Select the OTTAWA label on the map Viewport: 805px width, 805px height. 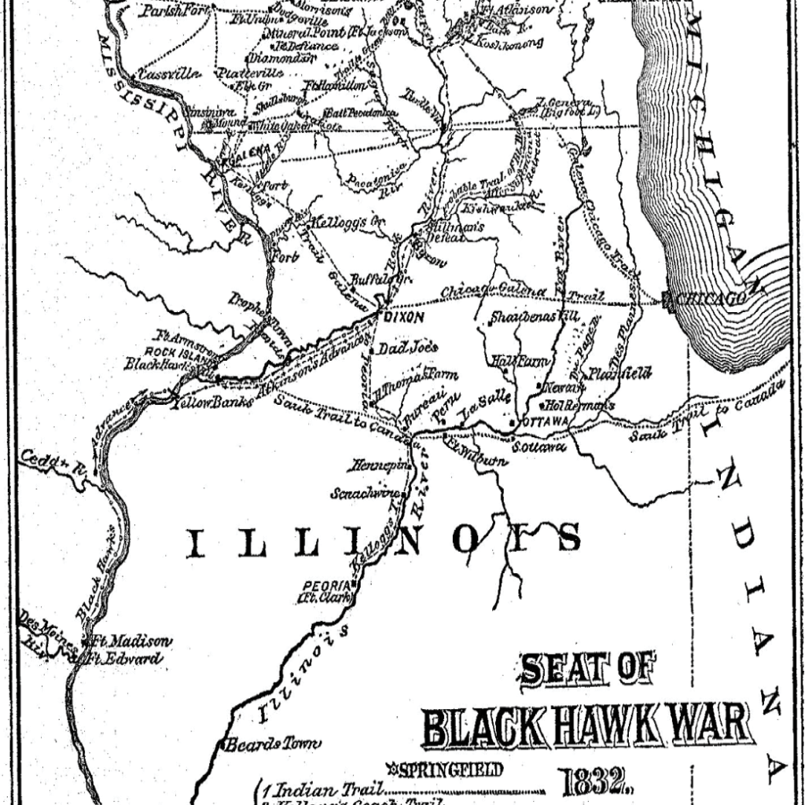pos(544,422)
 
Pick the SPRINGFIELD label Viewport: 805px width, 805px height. pos(449,770)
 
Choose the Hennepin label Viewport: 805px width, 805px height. pos(380,464)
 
